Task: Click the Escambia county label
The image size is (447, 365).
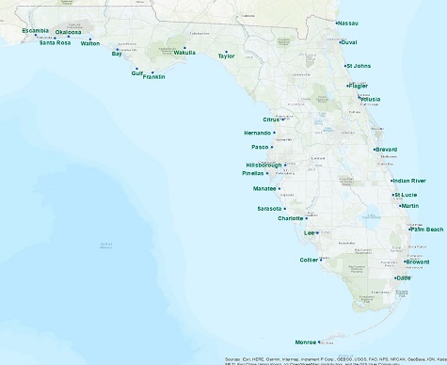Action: tap(36, 30)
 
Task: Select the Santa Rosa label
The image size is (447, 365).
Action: tap(55, 42)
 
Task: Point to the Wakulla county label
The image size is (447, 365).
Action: tap(184, 53)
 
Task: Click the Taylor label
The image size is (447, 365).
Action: tap(226, 56)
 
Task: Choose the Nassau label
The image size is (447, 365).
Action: tap(348, 23)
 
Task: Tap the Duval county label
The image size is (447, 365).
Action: tap(349, 42)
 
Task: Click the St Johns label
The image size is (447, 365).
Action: tap(359, 66)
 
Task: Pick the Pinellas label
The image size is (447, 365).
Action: tap(253, 174)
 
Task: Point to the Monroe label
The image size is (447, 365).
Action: tap(306, 342)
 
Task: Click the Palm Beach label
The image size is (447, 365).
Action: tap(427, 230)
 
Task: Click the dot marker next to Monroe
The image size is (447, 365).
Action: tap(320, 341)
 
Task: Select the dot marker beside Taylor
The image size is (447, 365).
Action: tap(226, 51)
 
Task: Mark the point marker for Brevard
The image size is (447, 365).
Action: tap(374, 150)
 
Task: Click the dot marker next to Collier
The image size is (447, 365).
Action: tap(322, 260)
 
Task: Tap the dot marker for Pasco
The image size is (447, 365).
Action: tap(272, 147)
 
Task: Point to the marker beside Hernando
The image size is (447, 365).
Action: tap(274, 133)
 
